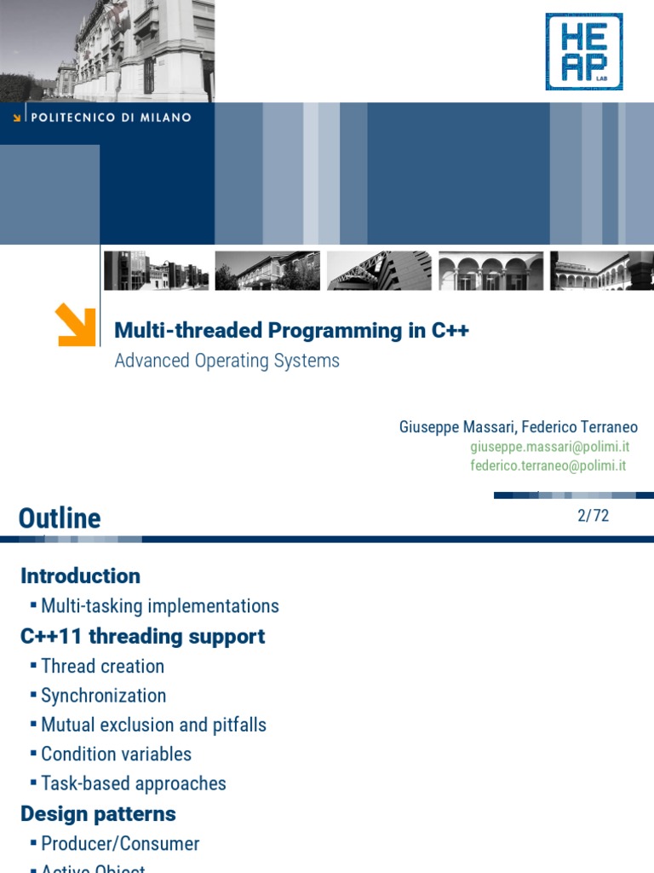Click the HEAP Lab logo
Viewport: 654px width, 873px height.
(583, 51)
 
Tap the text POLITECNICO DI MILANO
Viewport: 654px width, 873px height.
(111, 118)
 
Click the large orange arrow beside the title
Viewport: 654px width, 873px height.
(75, 325)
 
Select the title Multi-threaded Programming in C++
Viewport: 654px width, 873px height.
(291, 331)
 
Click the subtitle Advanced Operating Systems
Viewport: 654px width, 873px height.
(227, 361)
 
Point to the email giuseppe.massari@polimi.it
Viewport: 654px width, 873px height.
(549, 447)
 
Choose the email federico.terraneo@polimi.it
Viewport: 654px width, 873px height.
(548, 465)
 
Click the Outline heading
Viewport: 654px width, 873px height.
(60, 517)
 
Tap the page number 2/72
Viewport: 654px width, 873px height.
(593, 515)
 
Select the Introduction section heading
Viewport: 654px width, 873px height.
(80, 575)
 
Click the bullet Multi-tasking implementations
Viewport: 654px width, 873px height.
(159, 606)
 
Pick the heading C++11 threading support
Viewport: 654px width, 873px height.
(142, 636)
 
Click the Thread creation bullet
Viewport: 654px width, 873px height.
(102, 666)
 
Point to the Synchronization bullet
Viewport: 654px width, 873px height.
(103, 696)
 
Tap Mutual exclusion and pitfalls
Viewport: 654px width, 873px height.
(153, 725)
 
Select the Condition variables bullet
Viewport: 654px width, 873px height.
(116, 754)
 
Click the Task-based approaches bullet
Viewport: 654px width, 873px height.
(134, 783)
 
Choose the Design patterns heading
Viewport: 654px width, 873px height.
(98, 813)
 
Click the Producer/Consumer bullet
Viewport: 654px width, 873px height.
(120, 843)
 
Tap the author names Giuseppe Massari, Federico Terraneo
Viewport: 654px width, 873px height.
(518, 426)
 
